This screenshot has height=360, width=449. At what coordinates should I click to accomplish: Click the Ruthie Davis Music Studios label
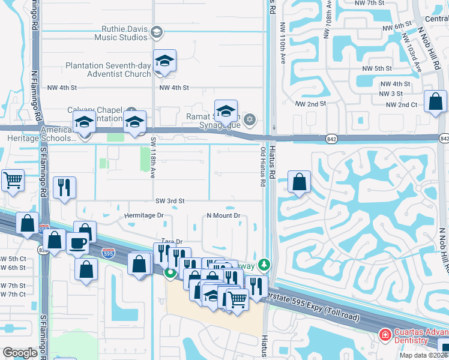click(x=121, y=32)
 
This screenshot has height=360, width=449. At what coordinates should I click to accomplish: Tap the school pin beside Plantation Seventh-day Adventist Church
click(x=164, y=62)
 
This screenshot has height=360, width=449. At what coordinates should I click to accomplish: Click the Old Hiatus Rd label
click(x=263, y=166)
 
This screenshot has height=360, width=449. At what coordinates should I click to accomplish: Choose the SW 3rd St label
click(x=170, y=201)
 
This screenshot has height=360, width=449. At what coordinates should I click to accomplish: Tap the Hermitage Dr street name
click(x=143, y=215)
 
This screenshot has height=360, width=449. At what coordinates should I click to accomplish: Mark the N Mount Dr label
click(x=223, y=215)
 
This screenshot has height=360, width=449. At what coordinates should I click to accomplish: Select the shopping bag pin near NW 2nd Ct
click(x=435, y=102)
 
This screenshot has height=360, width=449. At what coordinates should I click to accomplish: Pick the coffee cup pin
click(x=77, y=244)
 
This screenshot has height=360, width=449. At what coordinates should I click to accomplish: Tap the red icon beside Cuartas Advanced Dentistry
click(x=384, y=334)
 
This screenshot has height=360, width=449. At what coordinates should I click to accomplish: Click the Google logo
click(x=20, y=353)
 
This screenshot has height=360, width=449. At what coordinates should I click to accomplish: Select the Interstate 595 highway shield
click(x=108, y=253)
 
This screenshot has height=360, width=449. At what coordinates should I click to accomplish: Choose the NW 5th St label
click(x=377, y=68)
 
